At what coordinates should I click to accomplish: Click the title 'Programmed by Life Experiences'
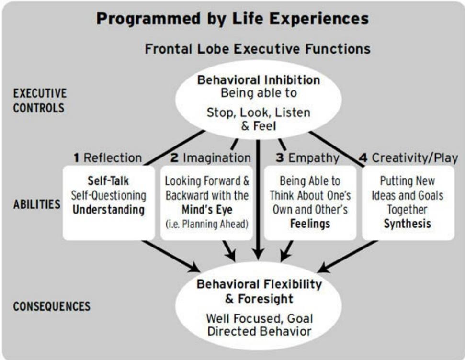pos(232,19)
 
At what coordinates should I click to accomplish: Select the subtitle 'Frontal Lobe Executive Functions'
pos(258,49)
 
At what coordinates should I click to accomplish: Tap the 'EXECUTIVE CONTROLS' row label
pos(40,101)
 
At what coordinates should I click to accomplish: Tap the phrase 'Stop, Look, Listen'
pos(258,113)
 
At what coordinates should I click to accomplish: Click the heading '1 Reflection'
pos(108,157)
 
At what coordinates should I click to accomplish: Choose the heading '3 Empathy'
pos(307,157)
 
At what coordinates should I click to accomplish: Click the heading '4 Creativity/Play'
pos(408,157)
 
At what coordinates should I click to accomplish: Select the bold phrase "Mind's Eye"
pos(206,209)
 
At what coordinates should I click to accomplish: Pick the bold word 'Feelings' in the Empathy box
pos(310,223)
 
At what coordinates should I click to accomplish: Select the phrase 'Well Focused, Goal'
pos(259,318)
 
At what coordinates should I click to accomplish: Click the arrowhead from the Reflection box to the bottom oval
pos(195,266)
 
